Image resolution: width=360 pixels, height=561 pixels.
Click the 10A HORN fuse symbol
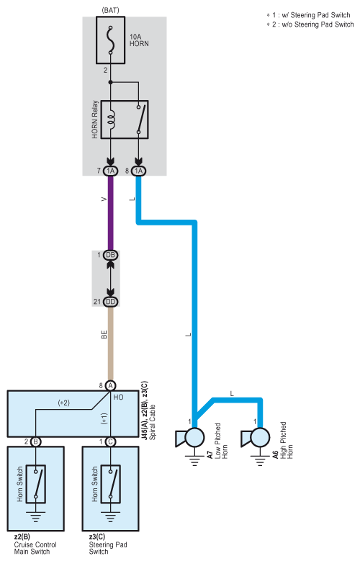point(111,40)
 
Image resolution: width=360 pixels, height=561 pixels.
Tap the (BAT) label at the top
point(110,10)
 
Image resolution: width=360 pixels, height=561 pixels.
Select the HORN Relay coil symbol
point(112,120)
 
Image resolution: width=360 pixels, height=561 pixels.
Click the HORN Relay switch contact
point(139,120)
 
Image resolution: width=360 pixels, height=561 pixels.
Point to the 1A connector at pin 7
point(111,171)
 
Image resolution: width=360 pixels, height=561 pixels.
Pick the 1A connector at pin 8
point(138,171)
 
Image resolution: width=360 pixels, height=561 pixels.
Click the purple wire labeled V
point(111,213)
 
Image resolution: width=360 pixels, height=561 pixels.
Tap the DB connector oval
point(111,255)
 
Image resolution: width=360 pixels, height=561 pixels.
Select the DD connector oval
point(111,302)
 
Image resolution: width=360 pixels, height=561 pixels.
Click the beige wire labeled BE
point(111,344)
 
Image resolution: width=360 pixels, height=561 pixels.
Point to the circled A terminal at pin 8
point(111,386)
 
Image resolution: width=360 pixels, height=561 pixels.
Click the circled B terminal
point(36,442)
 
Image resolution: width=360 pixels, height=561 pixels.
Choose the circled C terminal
point(111,442)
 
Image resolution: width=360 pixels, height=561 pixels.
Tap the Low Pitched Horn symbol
point(190,438)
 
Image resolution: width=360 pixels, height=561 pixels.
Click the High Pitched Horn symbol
point(256,438)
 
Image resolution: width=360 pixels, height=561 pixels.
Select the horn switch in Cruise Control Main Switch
point(36,484)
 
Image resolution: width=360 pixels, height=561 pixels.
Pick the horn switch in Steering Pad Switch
point(111,484)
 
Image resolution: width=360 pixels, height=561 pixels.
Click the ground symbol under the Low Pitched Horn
point(194,460)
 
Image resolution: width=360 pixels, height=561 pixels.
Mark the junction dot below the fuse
point(111,82)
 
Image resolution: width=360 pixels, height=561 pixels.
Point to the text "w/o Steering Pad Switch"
point(318,24)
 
